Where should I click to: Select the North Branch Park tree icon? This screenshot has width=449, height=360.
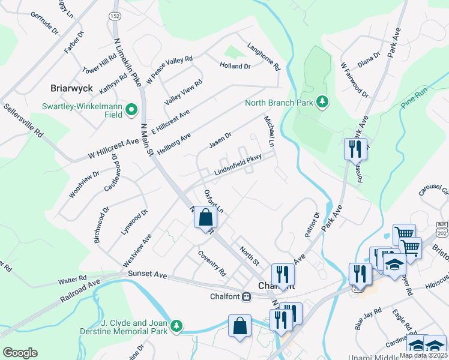323,102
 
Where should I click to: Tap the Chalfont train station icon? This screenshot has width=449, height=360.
246,297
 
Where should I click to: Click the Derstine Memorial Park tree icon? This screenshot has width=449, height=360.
176,325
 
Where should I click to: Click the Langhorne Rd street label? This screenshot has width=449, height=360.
264,57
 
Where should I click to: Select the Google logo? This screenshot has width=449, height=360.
20,353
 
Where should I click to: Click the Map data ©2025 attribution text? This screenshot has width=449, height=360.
423,355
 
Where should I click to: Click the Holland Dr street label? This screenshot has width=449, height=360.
235,66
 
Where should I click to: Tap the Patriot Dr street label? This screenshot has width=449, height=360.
312,224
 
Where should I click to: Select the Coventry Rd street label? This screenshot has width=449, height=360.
212,263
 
